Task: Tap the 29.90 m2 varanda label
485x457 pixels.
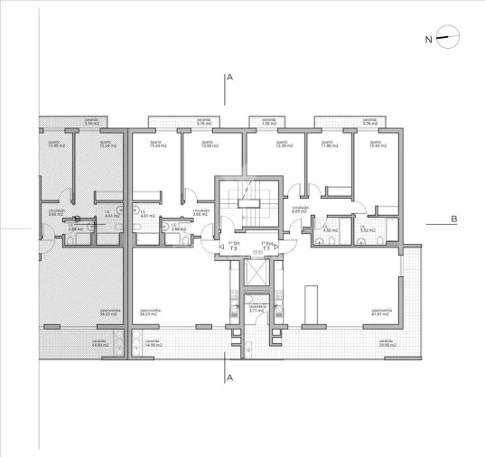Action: pos(390,344)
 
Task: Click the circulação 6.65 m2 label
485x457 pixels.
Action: pos(301,209)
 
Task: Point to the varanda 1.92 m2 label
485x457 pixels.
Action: pos(268,120)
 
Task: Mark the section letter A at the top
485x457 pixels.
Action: pos(230,79)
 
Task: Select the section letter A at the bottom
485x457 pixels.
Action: pos(230,377)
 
